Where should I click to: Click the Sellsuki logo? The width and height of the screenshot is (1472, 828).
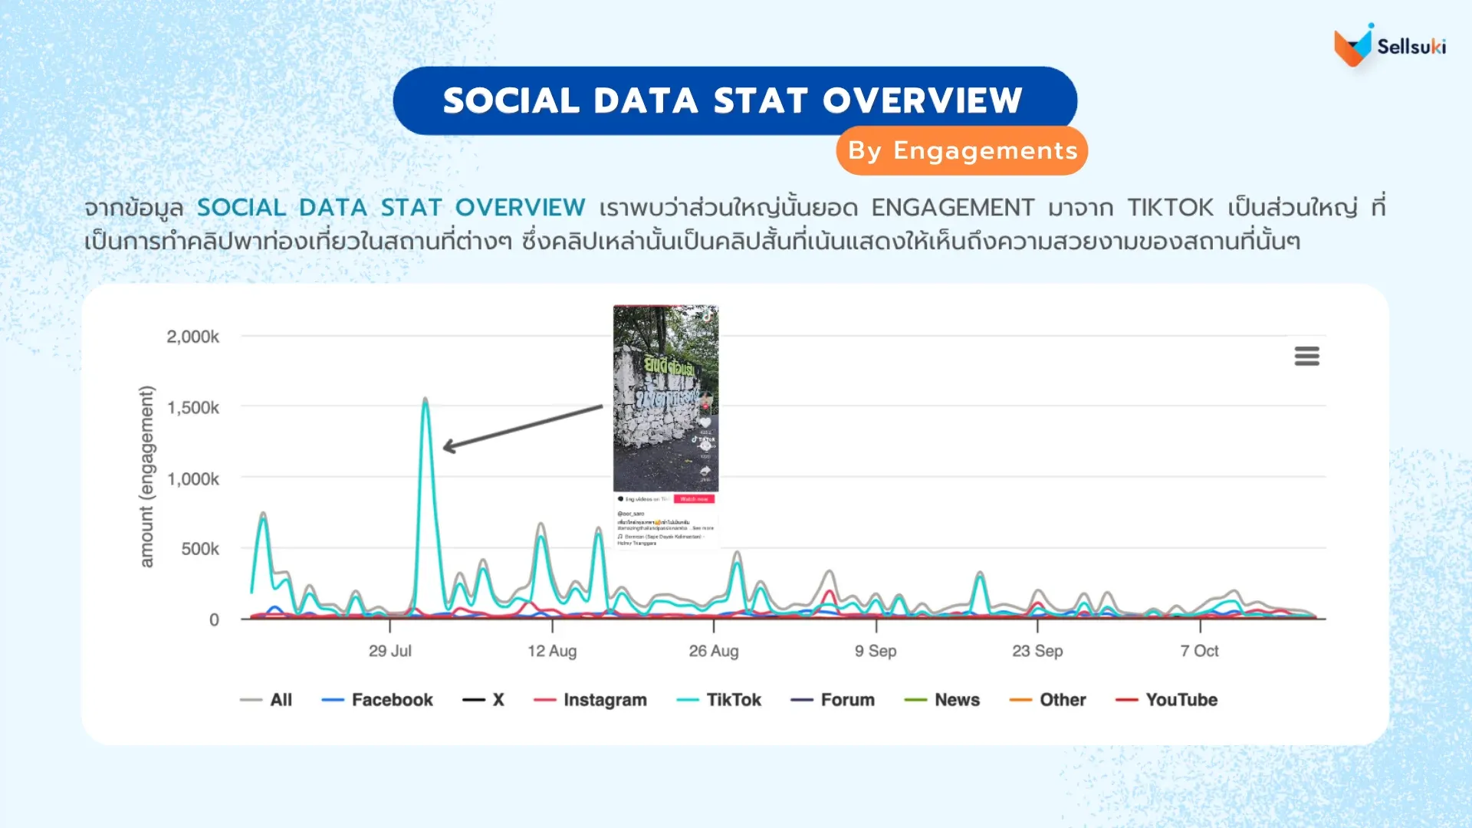tap(1389, 46)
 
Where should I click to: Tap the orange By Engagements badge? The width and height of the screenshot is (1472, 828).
tap(961, 151)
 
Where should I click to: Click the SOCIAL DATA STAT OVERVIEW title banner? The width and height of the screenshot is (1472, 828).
tap(734, 100)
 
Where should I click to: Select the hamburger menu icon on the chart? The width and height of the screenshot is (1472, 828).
tap(1306, 356)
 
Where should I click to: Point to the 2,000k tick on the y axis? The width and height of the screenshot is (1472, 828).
tap(192, 337)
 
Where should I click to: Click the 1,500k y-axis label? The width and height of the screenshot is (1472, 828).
tap(192, 408)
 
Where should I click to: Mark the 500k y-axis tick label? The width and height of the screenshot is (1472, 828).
tap(199, 549)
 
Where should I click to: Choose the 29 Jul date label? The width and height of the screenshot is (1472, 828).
tap(389, 651)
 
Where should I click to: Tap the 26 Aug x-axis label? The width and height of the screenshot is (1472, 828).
tap(713, 651)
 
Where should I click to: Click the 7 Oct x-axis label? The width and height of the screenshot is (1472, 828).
tap(1199, 651)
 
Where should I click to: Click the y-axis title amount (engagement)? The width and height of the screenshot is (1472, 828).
tap(146, 476)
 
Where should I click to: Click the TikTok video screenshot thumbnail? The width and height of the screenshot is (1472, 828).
tap(665, 399)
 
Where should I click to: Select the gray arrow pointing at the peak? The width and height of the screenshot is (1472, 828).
tap(522, 426)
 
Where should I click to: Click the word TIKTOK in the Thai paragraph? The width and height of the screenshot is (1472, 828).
tap(1170, 208)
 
